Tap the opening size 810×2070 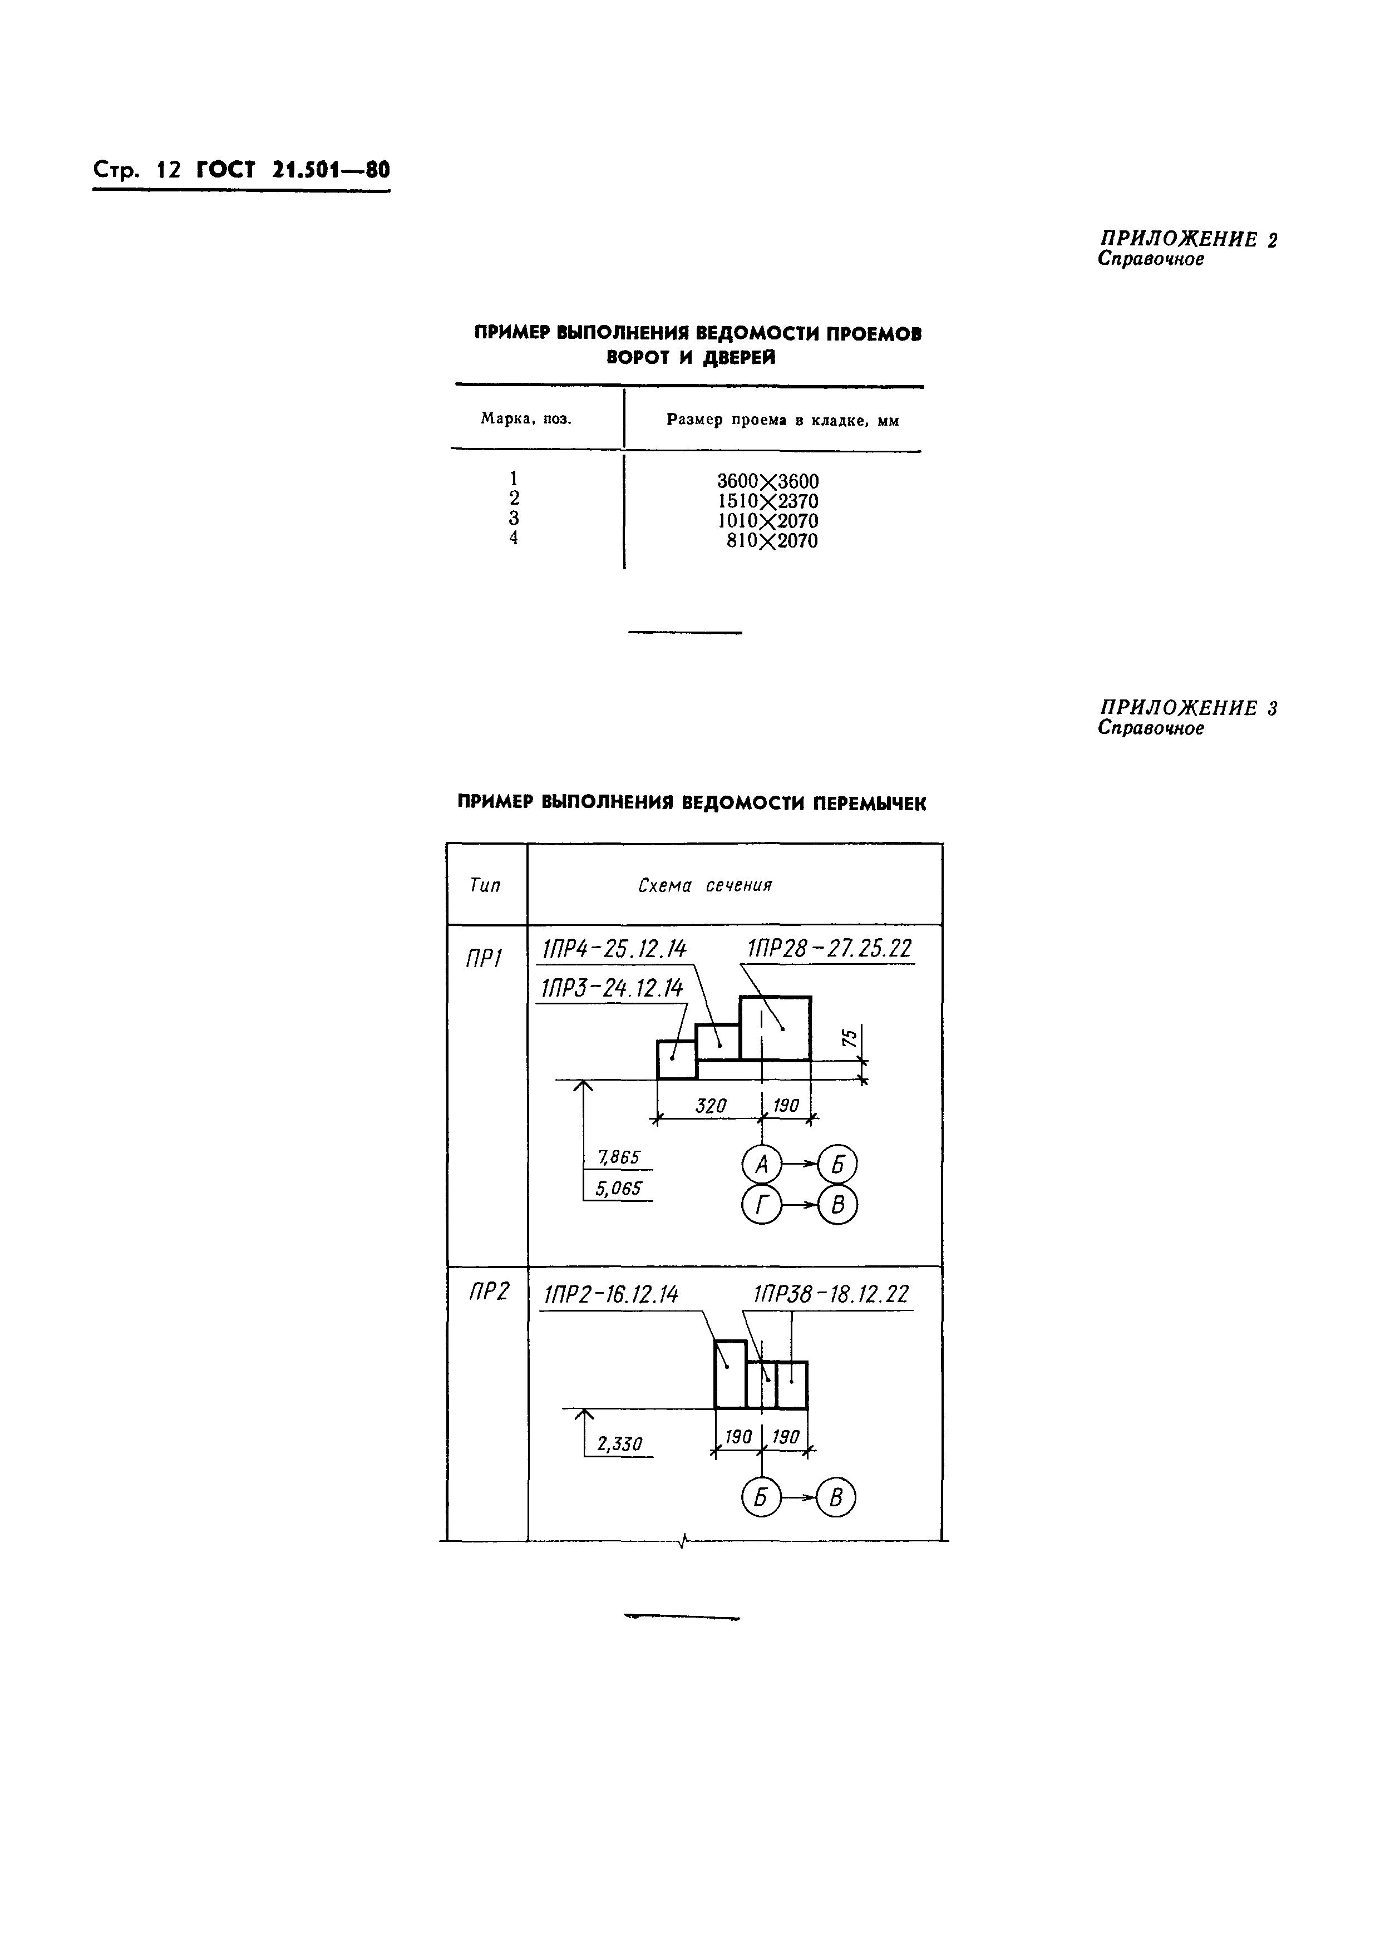click(x=771, y=541)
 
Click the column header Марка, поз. click(x=526, y=418)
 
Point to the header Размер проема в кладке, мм click(x=782, y=420)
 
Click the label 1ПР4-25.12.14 click(x=614, y=949)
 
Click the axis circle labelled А click(x=761, y=1165)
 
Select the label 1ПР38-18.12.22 click(x=831, y=1295)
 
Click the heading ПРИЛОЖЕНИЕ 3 click(x=1188, y=707)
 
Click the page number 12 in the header click(x=169, y=169)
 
